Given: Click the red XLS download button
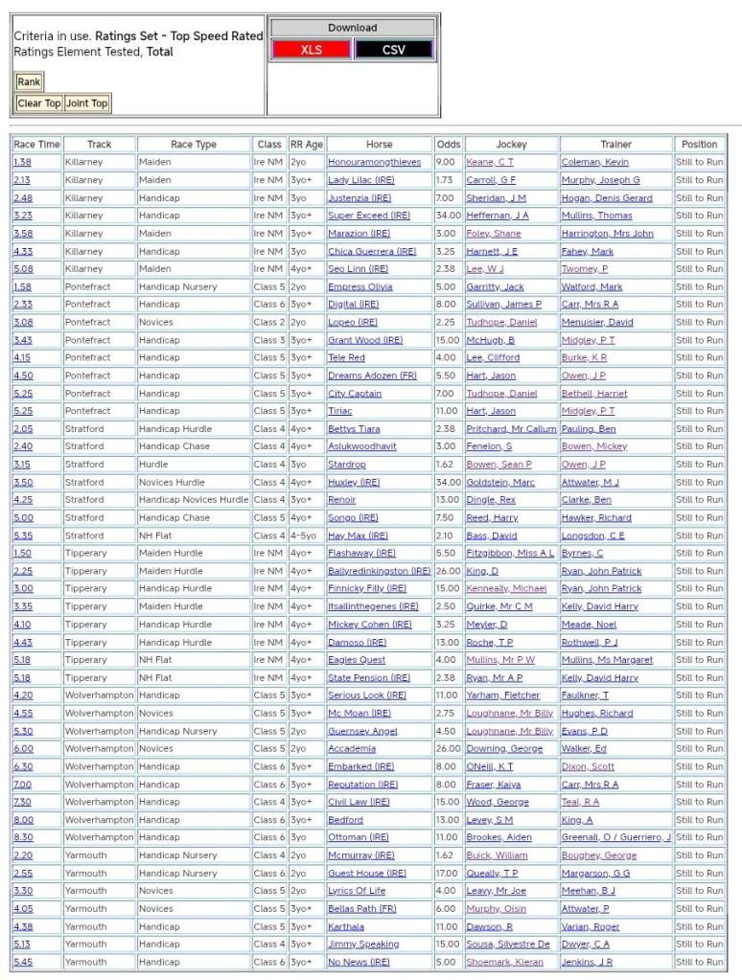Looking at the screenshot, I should pos(312,50).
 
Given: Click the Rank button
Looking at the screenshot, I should pos(29,82).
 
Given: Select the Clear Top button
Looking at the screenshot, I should pos(39,103).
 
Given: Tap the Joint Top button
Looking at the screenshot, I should pos(87,103).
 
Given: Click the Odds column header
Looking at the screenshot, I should pos(448,145).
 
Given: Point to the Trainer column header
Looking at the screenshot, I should pos(616,145).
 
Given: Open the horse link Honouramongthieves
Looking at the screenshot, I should pos(374,163).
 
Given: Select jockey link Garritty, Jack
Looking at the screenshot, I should pos(495,286).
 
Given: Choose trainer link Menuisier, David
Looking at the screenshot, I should pos(597,322).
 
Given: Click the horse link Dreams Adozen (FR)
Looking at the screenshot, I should pos(372,376).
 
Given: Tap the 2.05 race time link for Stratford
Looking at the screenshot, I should pos(23,429).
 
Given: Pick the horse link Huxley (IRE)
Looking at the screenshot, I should pos(354,483).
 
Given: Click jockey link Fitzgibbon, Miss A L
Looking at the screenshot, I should pos(510,554).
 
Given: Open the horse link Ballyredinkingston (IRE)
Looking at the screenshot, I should pos(379,571).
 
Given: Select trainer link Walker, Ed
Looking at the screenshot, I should pos(584,749).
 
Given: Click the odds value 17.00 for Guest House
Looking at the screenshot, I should pos(446,874).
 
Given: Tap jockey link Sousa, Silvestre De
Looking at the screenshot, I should pos(508,945).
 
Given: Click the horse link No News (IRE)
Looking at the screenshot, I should pos(359,962).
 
